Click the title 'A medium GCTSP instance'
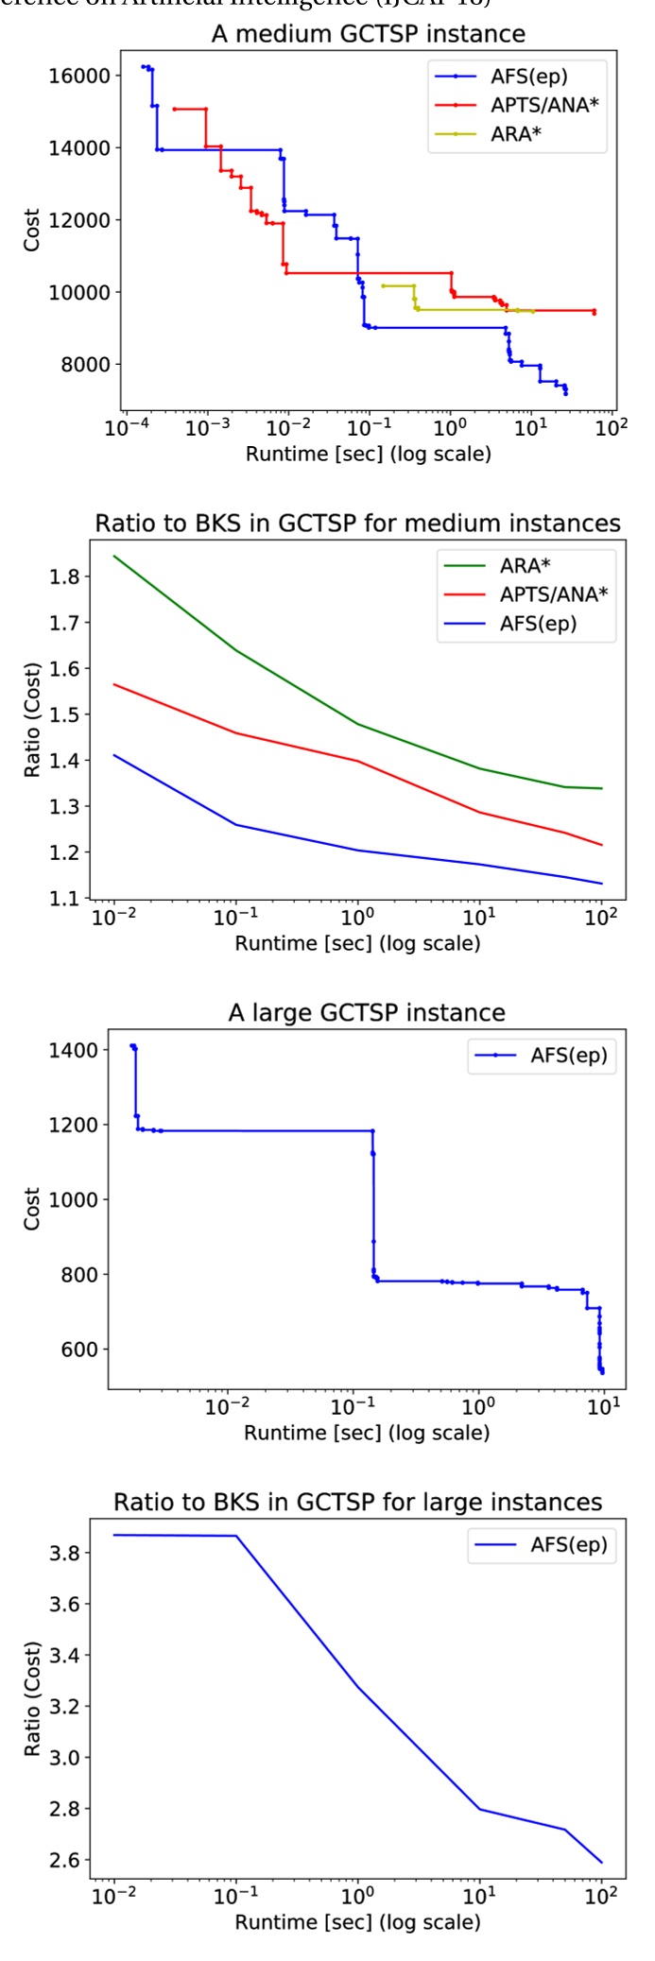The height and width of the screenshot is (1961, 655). (x=368, y=34)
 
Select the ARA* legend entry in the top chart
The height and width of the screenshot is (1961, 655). (x=515, y=134)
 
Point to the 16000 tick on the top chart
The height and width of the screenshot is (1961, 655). (x=78, y=76)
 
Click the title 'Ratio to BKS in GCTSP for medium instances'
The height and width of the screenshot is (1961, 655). (x=357, y=524)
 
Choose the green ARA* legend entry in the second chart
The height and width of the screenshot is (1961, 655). (x=525, y=565)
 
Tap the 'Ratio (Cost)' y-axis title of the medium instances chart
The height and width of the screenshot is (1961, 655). (x=33, y=720)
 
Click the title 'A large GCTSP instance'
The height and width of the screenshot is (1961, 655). (x=367, y=1013)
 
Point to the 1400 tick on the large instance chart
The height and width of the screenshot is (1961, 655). (x=74, y=1050)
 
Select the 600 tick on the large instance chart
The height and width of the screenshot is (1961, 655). (x=78, y=1350)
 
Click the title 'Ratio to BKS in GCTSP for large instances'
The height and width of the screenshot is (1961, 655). (x=357, y=1503)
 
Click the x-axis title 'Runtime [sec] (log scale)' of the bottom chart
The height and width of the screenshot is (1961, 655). (x=357, y=1922)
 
